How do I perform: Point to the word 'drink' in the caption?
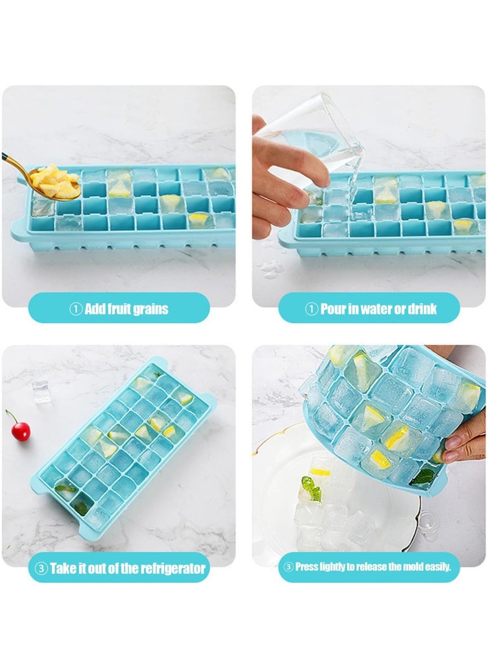[x=422, y=308]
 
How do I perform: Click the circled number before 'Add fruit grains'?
[x=76, y=309]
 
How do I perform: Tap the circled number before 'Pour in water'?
[x=312, y=309]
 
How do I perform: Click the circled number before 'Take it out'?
[x=41, y=568]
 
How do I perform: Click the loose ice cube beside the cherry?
[x=41, y=392]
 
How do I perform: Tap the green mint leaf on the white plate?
[x=311, y=488]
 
